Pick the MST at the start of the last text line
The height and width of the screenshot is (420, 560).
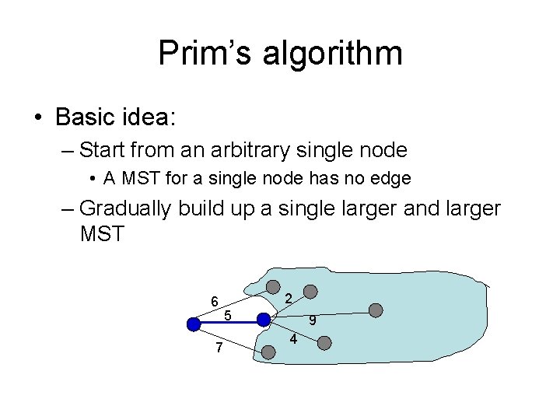(x=101, y=233)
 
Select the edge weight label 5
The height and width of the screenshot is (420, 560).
(x=227, y=315)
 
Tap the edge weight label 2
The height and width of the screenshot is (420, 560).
(x=288, y=299)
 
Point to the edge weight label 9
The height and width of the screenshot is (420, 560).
(x=311, y=320)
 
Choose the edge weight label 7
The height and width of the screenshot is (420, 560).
(x=219, y=348)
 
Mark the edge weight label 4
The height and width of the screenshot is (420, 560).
(x=292, y=340)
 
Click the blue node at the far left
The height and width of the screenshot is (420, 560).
(x=192, y=325)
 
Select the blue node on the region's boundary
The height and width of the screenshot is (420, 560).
(x=264, y=320)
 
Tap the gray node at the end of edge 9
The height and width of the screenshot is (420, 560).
(x=376, y=310)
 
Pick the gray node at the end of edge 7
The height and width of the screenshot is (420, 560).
(x=268, y=352)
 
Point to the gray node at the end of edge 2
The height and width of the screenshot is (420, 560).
(x=310, y=292)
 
